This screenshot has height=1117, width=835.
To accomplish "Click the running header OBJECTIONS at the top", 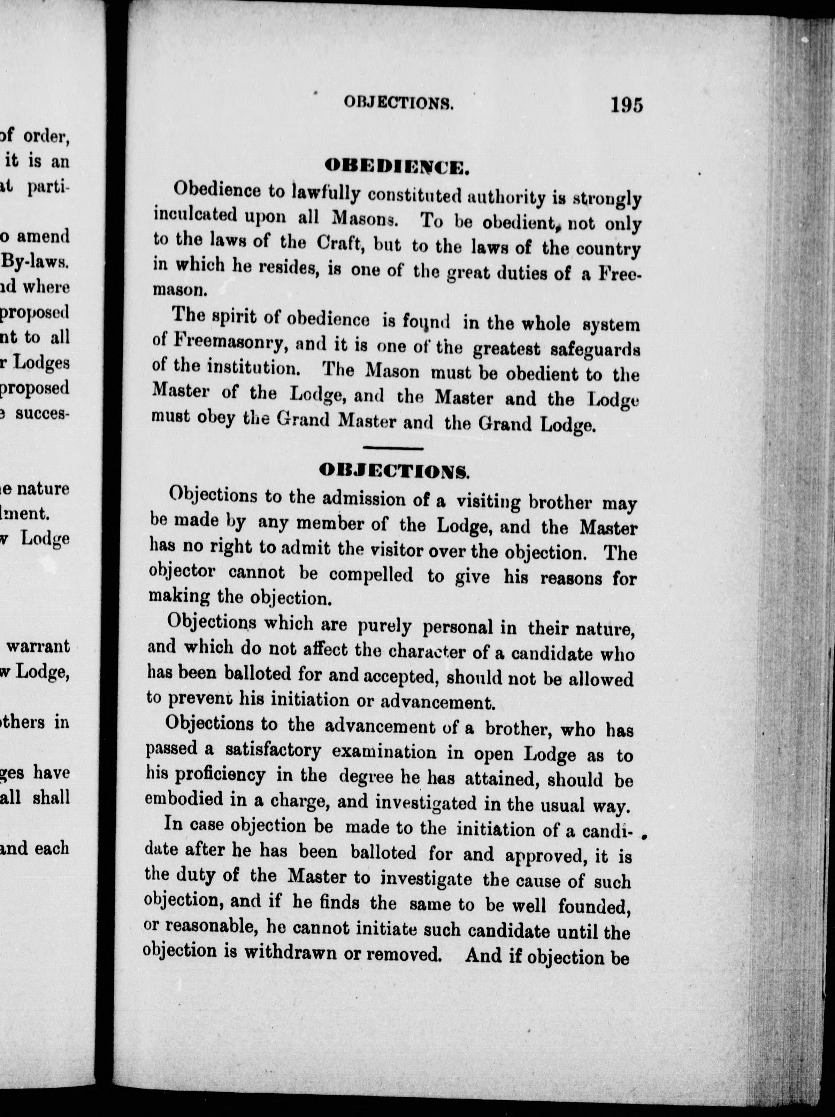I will click(399, 103).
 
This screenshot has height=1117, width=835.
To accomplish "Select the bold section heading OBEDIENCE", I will click(397, 166).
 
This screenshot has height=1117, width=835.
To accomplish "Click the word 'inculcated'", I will click(195, 216).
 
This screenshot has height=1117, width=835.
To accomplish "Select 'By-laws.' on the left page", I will click(36, 261).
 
